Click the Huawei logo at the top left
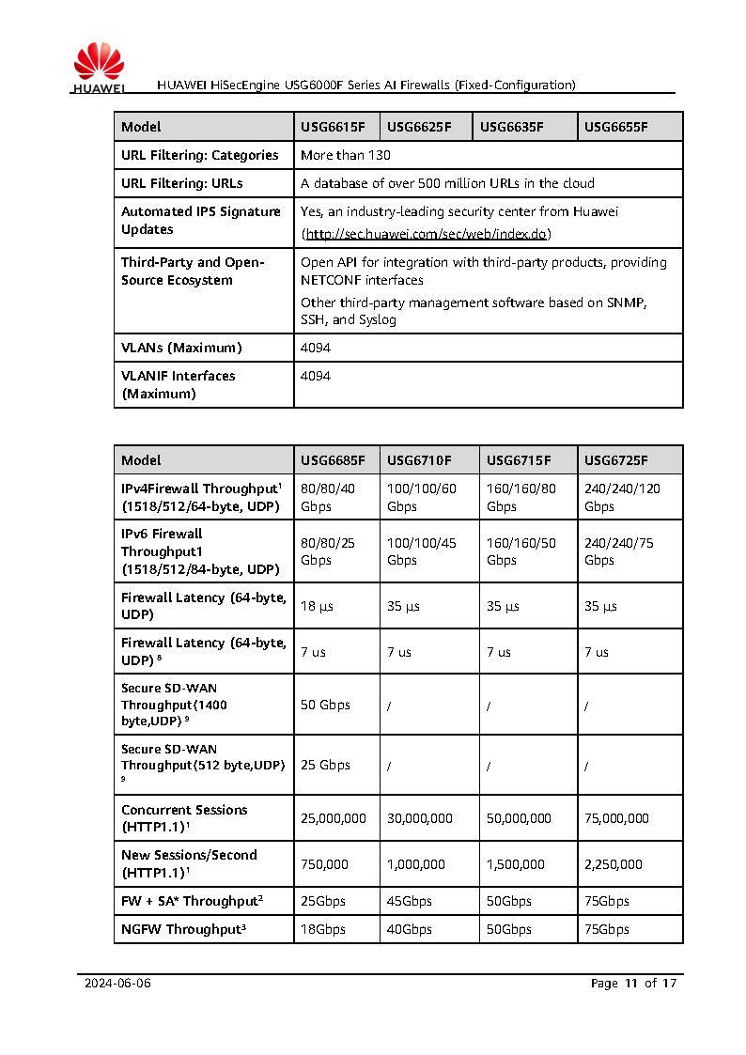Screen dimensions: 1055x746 click(99, 68)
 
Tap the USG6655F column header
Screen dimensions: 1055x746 click(616, 127)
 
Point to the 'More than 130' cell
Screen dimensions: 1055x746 click(346, 155)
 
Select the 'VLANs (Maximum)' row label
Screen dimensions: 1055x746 click(181, 348)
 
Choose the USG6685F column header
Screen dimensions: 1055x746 click(333, 460)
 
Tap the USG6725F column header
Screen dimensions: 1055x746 click(616, 460)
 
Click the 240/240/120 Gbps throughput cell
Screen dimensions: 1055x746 click(621, 498)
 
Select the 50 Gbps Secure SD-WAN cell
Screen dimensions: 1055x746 click(325, 705)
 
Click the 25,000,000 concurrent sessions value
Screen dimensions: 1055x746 click(334, 819)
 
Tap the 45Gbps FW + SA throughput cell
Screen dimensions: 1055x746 click(410, 901)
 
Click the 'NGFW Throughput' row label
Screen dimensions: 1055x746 click(182, 929)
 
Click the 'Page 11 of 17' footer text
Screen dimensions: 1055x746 click(633, 984)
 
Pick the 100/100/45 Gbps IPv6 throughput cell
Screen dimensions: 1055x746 click(422, 551)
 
